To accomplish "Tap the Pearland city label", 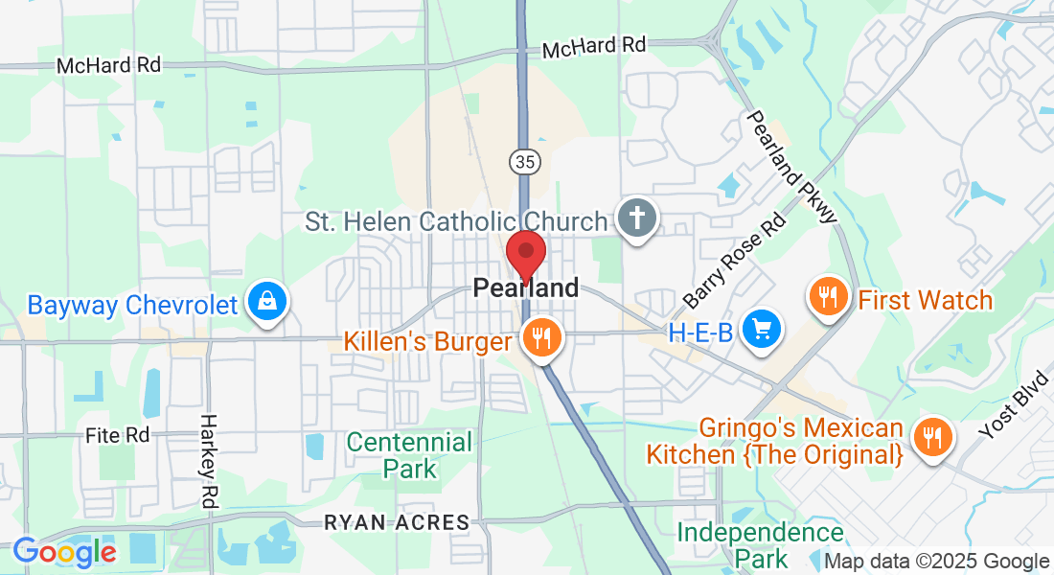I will click(x=526, y=287).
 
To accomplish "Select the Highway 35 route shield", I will click(x=523, y=161).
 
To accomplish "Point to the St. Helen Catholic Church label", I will click(x=456, y=221).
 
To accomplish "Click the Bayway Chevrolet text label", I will click(x=132, y=306).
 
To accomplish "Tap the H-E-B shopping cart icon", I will click(x=763, y=330).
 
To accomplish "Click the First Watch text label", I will click(x=926, y=300).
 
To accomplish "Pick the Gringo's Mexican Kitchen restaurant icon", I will click(x=930, y=437).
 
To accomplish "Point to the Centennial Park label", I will click(x=409, y=455).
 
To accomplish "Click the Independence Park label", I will click(x=761, y=544).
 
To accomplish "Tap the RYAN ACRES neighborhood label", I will click(x=397, y=523).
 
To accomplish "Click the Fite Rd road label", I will click(x=118, y=435).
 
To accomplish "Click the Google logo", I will click(x=64, y=552).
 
